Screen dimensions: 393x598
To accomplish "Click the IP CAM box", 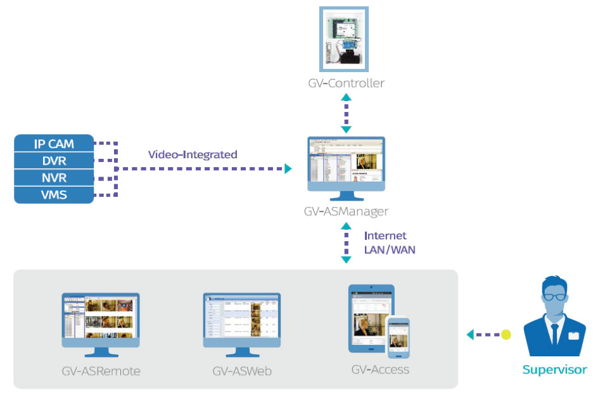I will [54, 144].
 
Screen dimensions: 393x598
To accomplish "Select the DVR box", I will [54, 161].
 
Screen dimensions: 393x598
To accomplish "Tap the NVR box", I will [54, 178].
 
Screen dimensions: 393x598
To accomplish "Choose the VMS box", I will [54, 195].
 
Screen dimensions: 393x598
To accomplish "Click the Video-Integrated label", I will [193, 154].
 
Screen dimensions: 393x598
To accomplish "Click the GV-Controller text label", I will [346, 83].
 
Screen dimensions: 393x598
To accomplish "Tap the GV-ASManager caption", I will [346, 211].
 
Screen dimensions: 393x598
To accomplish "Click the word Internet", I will [385, 235].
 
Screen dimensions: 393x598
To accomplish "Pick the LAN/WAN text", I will [390, 249].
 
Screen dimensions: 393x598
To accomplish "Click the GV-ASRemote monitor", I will [101, 319].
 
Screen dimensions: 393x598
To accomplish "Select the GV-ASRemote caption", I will [101, 371].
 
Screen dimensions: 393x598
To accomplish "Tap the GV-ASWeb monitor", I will [241, 319].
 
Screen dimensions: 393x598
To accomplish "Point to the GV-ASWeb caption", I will [241, 371].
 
